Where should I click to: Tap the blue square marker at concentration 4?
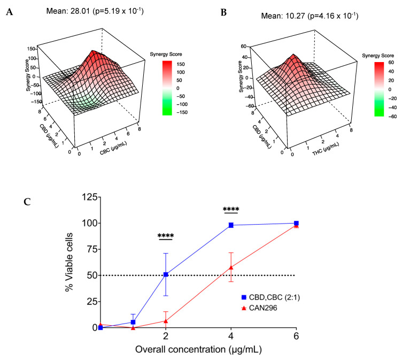[x=231, y=225]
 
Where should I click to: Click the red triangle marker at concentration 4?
[x=231, y=267]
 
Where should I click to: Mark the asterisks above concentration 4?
[x=231, y=209]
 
